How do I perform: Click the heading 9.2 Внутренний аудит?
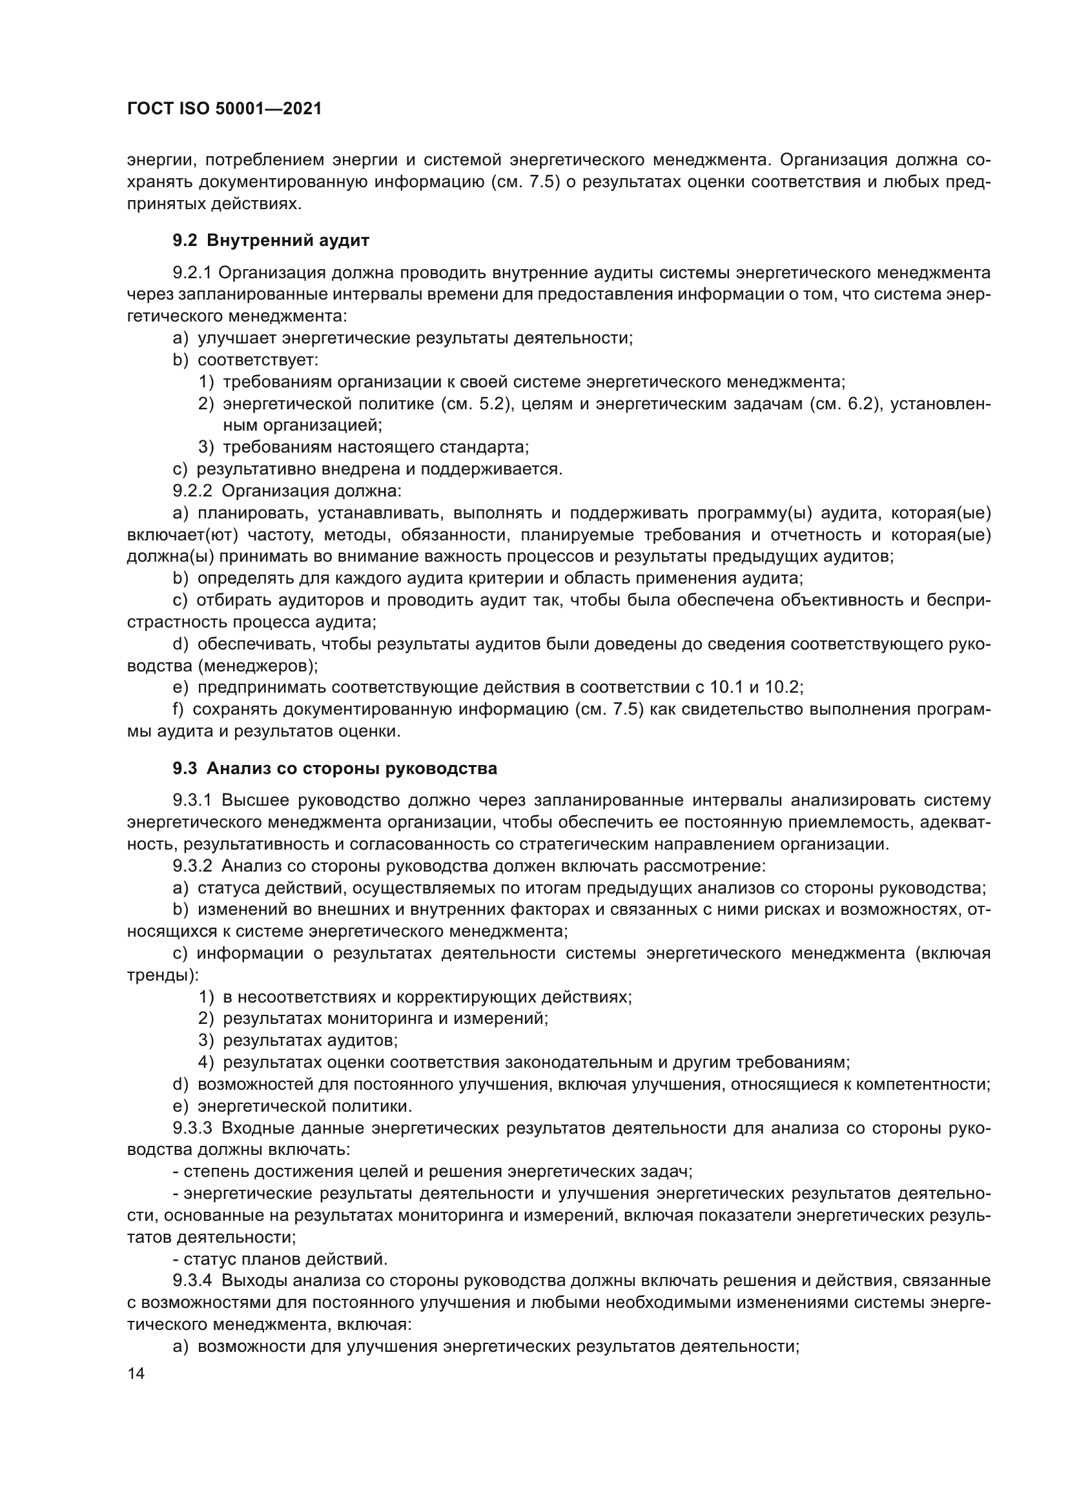pos(271,241)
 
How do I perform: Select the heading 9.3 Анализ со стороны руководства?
pos(334,768)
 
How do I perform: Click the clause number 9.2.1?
pos(192,273)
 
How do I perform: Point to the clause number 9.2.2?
pos(192,491)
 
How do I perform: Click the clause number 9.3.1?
pos(192,801)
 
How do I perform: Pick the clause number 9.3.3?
pos(192,1128)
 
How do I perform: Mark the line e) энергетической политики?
pos(293,1107)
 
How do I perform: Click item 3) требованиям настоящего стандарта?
pos(364,447)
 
